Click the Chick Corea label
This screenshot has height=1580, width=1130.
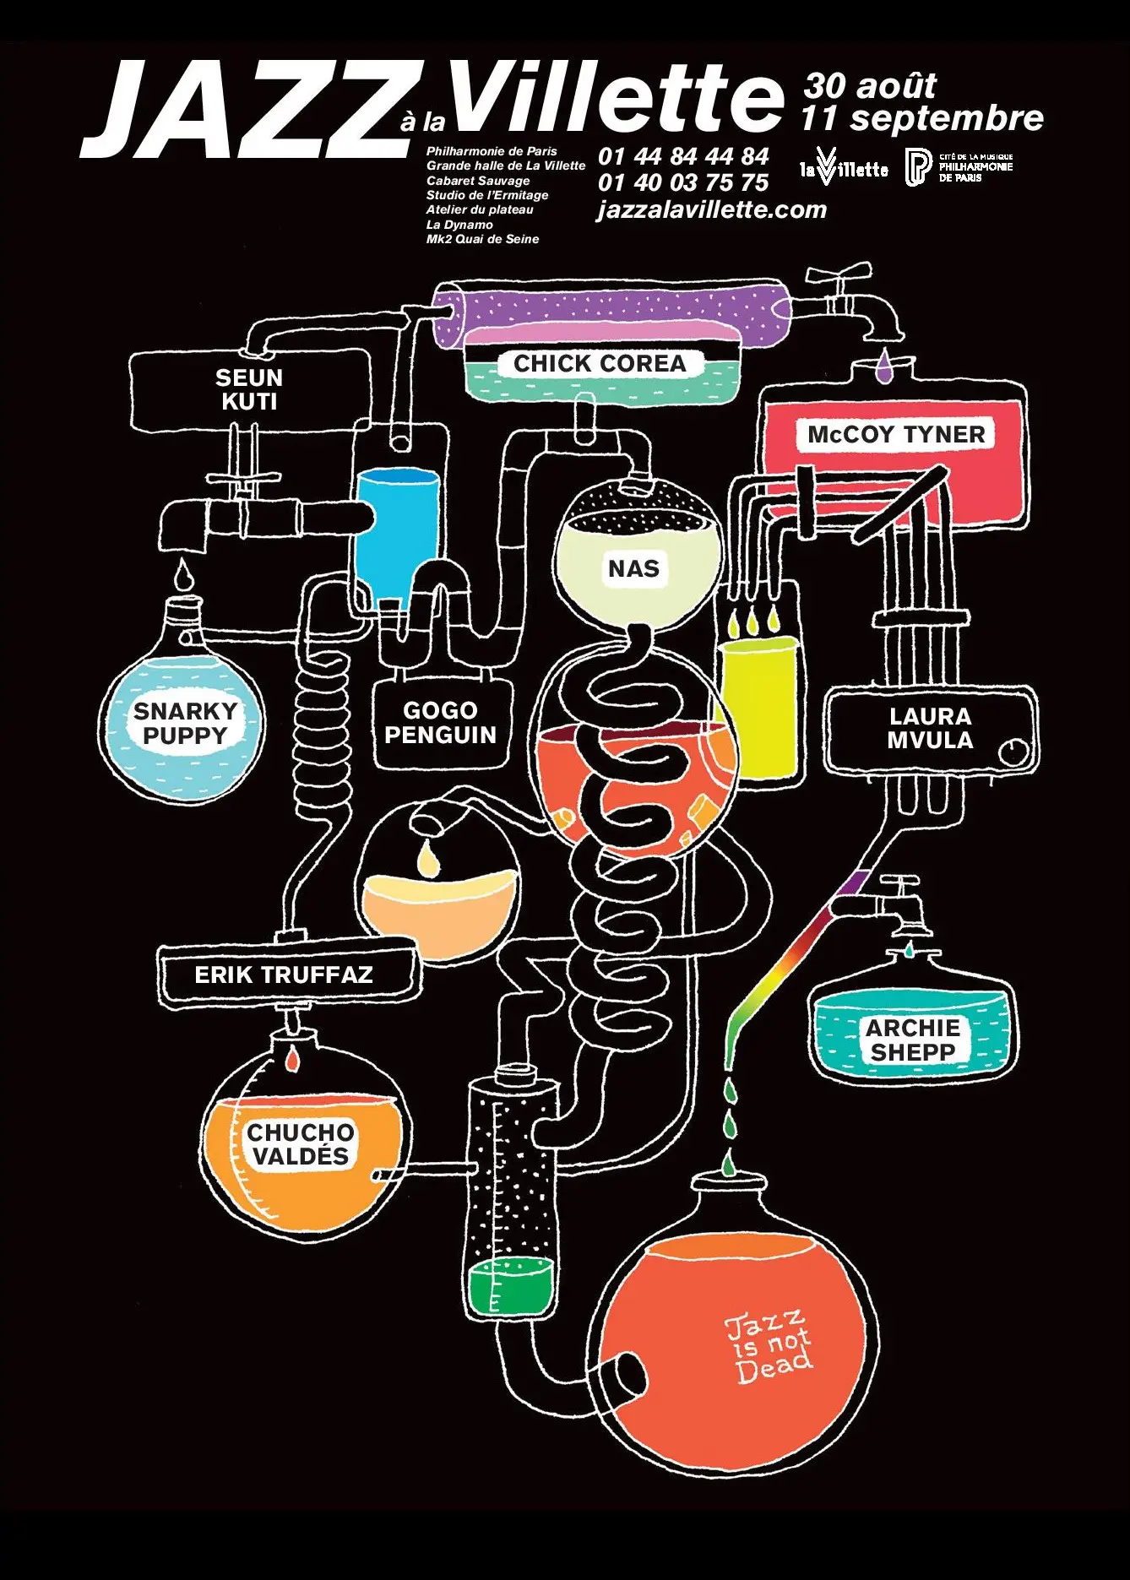600,364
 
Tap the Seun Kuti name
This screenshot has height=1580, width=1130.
249,389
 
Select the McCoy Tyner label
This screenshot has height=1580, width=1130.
896,435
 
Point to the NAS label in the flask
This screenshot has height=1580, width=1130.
633,569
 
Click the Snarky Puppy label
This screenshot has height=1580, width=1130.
185,724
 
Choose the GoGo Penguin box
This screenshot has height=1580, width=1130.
440,723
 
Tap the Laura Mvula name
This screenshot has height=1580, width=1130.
930,728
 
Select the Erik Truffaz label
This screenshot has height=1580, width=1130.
284,975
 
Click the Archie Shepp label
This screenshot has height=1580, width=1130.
913,1040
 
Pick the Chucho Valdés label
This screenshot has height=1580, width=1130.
300,1144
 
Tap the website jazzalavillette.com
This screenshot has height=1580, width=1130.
712,209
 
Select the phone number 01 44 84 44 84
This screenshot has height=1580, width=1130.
683,156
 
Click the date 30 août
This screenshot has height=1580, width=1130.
870,86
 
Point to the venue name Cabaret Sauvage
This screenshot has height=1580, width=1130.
478,181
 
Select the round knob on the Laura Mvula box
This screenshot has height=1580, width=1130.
1014,751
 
